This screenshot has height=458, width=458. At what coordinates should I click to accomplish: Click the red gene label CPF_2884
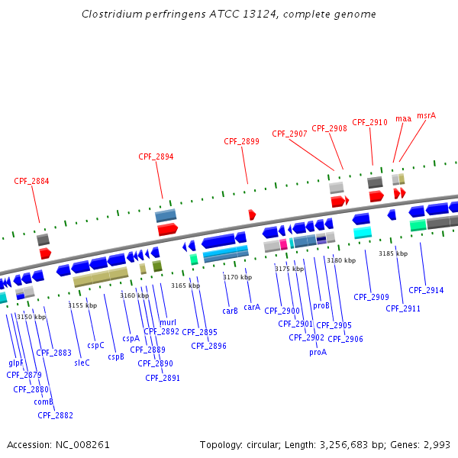(31, 181)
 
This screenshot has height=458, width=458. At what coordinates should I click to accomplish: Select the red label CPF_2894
(156, 156)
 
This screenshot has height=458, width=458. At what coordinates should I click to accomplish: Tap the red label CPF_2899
(241, 141)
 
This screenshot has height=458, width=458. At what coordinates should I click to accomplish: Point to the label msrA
(427, 116)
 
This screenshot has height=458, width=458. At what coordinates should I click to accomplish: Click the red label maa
(403, 119)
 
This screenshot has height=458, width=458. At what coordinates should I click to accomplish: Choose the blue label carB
(231, 311)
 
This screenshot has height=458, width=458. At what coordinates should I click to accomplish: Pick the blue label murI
(168, 322)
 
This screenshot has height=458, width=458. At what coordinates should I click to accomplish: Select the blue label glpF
(16, 363)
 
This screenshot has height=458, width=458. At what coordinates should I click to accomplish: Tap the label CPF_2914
(426, 290)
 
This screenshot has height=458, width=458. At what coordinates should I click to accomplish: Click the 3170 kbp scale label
(237, 277)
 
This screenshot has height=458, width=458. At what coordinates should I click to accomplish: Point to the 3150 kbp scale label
(31, 317)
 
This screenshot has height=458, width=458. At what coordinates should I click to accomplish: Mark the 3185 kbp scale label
(393, 253)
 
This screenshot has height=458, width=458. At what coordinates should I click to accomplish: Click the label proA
(318, 352)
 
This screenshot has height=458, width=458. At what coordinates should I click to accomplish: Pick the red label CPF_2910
(369, 122)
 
